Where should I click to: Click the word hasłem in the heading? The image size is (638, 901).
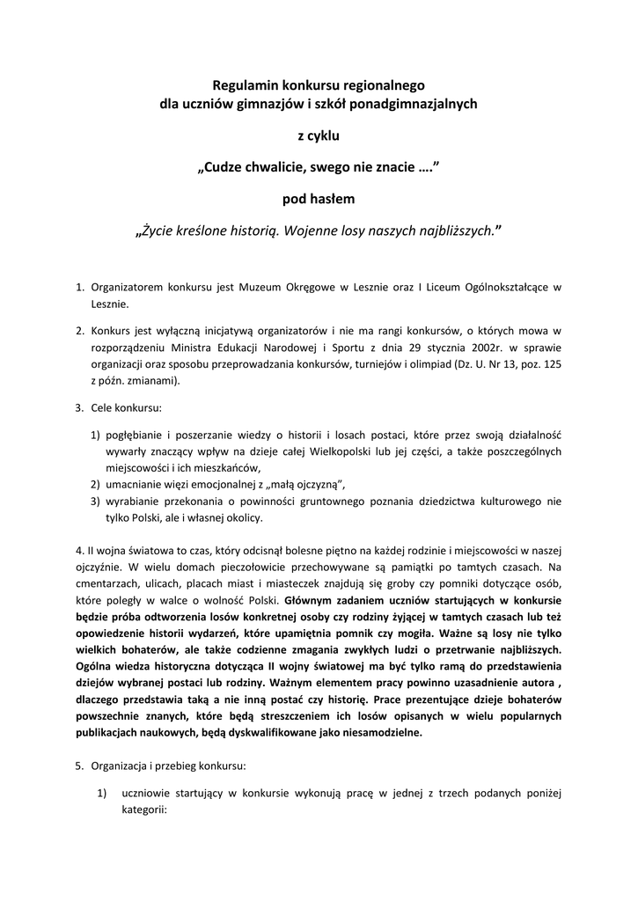[x=331, y=200]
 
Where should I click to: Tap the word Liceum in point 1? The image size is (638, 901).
[x=439, y=287]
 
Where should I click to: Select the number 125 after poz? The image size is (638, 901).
[x=550, y=364]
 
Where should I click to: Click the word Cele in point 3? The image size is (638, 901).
[x=103, y=408]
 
